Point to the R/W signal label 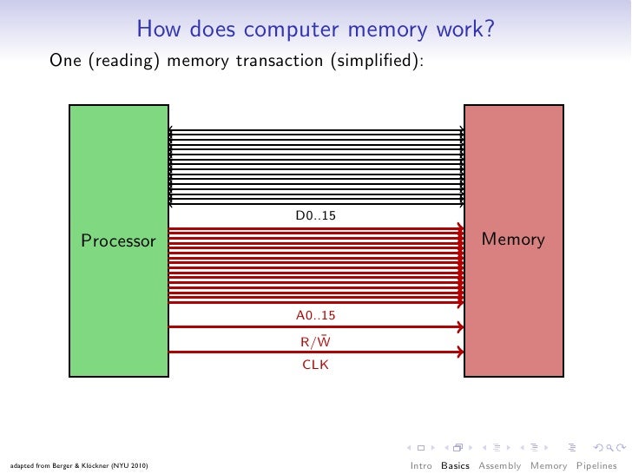315,341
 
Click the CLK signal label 315,365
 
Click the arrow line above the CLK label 315,352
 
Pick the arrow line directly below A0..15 315,327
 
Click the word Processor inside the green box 119,240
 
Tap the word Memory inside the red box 513,240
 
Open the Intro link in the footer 421,465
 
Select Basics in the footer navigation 455,465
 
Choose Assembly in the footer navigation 500,465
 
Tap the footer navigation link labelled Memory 549,465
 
